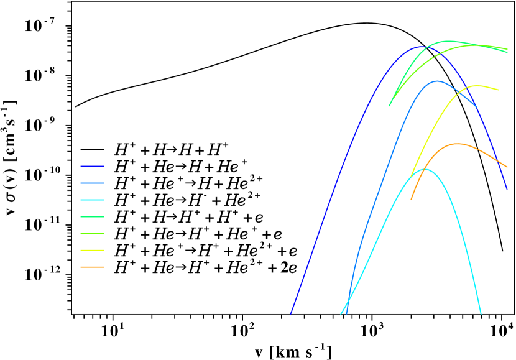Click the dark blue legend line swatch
pos(92,167)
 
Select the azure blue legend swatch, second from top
pos(92,183)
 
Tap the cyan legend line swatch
pos(92,200)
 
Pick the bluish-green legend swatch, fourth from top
pos(92,217)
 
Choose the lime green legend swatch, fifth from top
pos(92,234)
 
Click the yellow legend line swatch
pos(92,251)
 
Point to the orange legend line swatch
pos(92,267)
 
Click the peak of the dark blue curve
pos(420,47)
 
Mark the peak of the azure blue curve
pos(437,81)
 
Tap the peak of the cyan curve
pos(424,169)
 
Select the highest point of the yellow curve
pos(477,86)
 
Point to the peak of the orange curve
pos(458,144)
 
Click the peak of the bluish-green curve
pos(448,42)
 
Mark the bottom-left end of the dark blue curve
pos(290,313)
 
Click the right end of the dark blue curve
pos(507,189)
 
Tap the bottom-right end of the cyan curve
pos(481,313)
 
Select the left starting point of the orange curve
pos(411,199)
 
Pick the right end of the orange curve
pos(507,167)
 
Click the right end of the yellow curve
pos(499,90)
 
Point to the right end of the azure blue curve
pos(477,108)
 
